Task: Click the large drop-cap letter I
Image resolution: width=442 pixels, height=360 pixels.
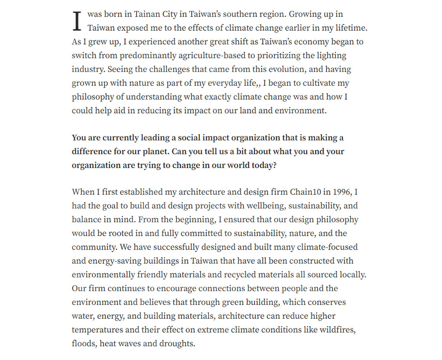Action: coord(77,21)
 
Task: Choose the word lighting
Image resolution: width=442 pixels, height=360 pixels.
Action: coord(331,56)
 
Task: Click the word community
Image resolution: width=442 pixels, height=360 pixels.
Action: coord(91,247)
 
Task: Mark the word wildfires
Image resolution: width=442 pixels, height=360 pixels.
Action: coord(338,330)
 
